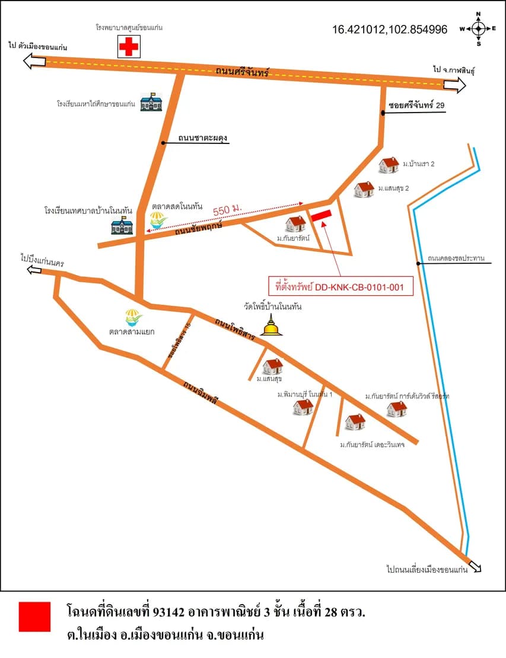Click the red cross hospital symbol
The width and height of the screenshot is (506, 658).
[x=129, y=46]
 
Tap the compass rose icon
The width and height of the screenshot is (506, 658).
[x=478, y=29]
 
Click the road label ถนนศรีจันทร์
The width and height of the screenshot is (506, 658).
[x=242, y=71]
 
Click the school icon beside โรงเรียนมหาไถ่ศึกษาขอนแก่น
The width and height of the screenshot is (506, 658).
[x=151, y=102]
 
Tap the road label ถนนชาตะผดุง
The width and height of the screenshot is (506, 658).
[x=202, y=138]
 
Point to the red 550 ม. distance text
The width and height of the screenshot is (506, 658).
[x=227, y=209]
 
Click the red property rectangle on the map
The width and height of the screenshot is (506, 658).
[x=322, y=215]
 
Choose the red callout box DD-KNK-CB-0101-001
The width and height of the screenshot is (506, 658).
[x=341, y=287]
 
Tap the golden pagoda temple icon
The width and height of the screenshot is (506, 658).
[x=271, y=325]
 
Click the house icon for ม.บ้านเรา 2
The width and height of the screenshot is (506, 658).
[x=389, y=165]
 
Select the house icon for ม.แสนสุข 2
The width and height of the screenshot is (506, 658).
[x=364, y=189]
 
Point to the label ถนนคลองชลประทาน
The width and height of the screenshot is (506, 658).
[x=456, y=258]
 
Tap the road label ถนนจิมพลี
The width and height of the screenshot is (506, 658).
[x=201, y=392]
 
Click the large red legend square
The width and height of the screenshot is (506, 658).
[x=35, y=617]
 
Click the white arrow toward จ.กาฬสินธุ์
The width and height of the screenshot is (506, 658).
[x=454, y=85]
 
